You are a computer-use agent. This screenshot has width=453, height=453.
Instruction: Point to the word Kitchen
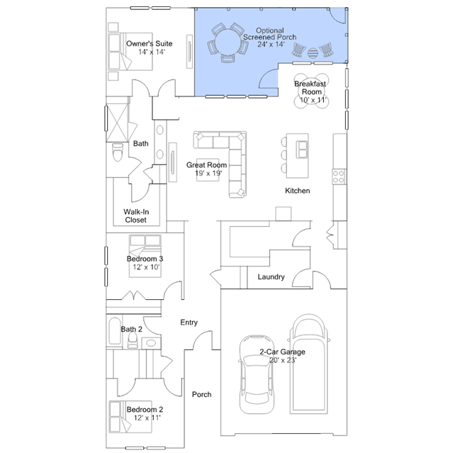coord(298,191)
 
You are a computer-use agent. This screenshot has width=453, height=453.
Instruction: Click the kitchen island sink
coord(303,148)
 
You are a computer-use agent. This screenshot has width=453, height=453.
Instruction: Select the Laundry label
coord(271,277)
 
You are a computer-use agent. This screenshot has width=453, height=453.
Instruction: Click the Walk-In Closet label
coord(136,216)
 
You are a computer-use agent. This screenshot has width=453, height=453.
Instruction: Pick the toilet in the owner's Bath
coord(118,152)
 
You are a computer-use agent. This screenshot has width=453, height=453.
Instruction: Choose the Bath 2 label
coord(131,329)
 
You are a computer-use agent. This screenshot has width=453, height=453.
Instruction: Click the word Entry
coord(189,323)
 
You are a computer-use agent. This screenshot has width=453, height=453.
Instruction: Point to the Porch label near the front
coord(202,395)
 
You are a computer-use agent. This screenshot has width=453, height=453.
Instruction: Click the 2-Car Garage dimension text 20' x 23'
coord(282,360)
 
